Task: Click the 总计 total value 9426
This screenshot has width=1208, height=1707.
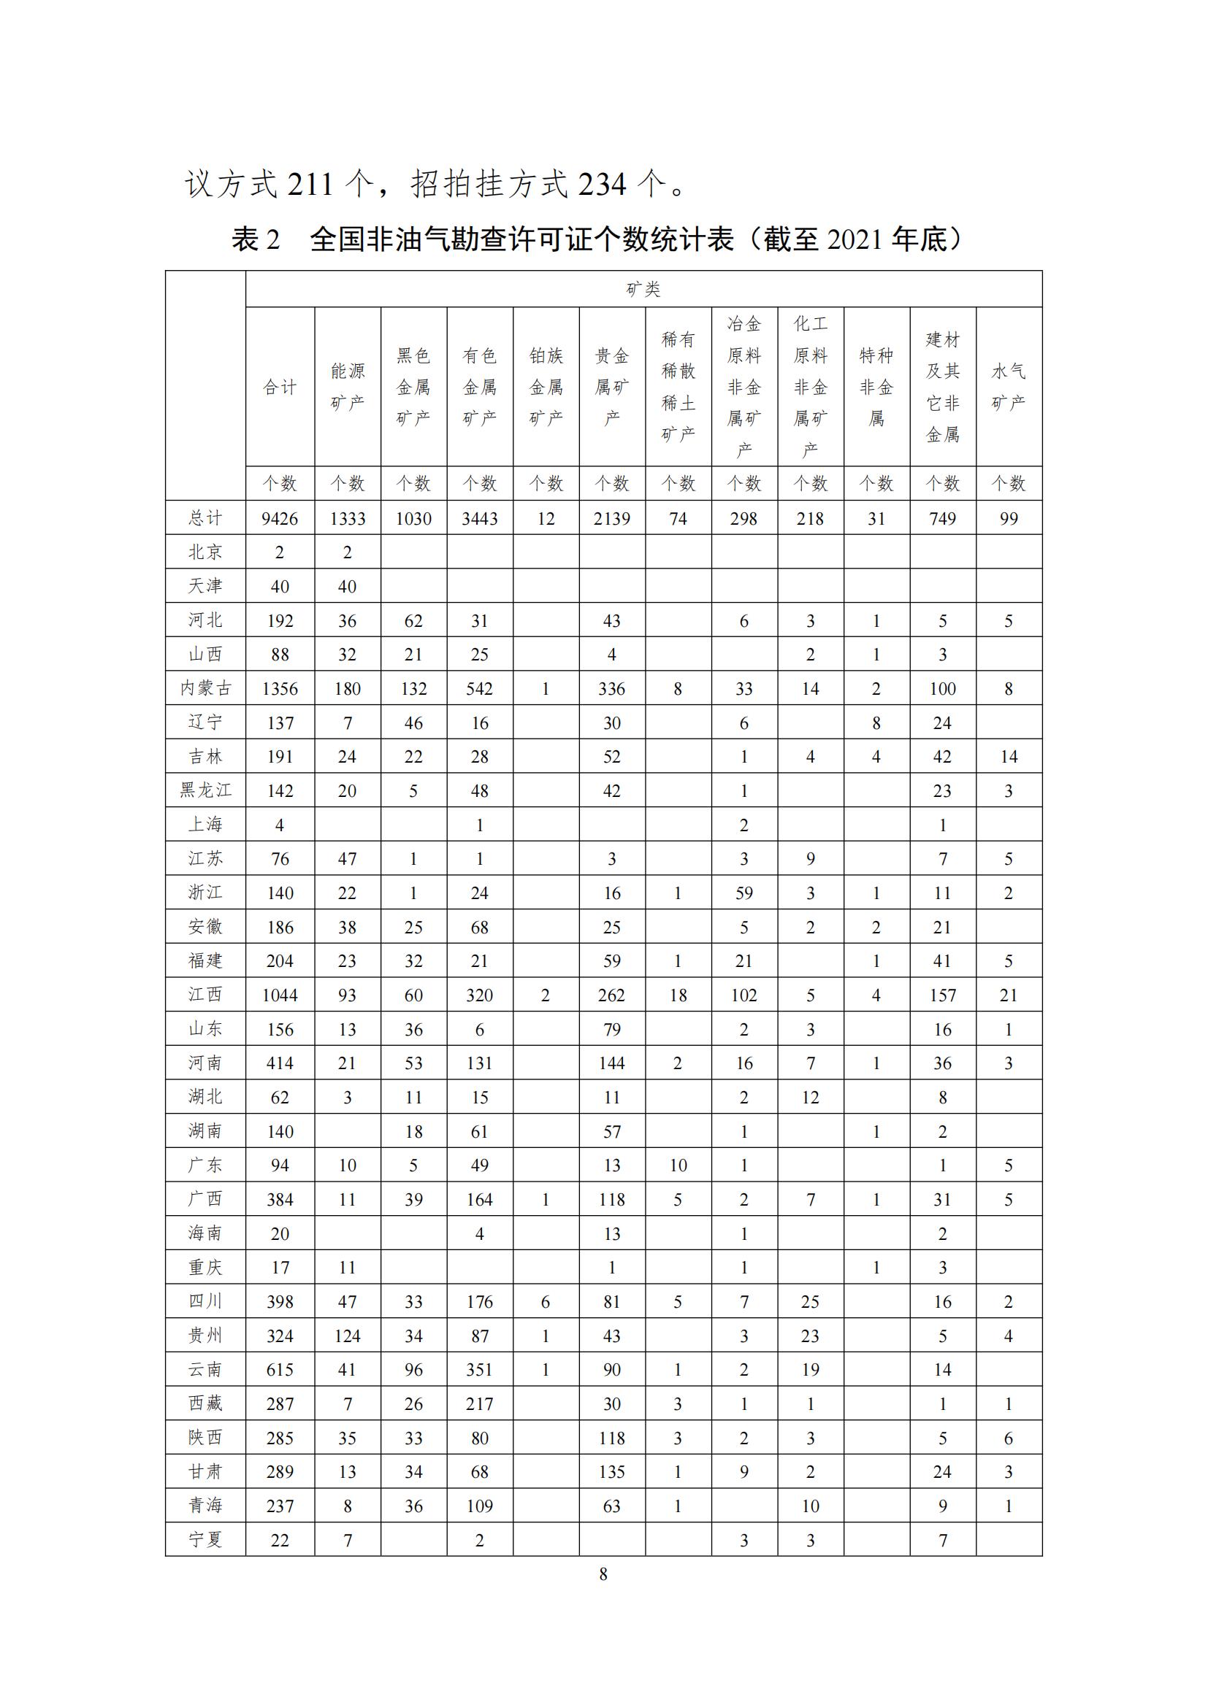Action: pos(280,518)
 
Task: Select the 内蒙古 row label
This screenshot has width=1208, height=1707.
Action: pos(205,688)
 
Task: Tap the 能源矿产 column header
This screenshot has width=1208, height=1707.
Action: pos(348,387)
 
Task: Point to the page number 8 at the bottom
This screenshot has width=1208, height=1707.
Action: pos(603,1573)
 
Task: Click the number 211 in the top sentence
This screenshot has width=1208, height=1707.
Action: pos(310,185)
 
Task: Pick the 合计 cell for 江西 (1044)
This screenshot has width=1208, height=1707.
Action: pos(280,995)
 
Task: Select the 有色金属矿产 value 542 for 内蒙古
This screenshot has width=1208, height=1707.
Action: pos(480,688)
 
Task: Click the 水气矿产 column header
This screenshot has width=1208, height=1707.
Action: pos(1009,387)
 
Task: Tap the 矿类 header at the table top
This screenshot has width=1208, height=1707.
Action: pos(643,289)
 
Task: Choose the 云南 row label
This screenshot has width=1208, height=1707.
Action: pos(205,1369)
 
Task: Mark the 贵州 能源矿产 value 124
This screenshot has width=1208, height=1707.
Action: pos(348,1336)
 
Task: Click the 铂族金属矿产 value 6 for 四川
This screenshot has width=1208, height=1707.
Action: pos(546,1302)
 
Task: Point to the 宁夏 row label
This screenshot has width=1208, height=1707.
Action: pos(205,1540)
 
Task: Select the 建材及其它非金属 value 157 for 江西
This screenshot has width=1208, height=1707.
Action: pos(942,995)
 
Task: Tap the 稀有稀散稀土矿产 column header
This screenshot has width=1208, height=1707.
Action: pos(678,387)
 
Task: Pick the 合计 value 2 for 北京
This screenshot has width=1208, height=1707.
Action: pos(280,552)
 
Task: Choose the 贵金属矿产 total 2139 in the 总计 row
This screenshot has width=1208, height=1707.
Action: pos(611,518)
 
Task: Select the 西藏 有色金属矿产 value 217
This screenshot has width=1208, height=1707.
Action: pos(480,1403)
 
